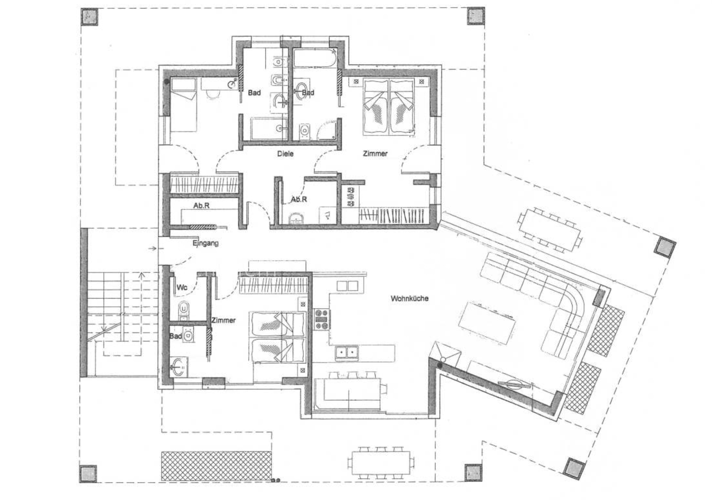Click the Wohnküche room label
tap(409, 298)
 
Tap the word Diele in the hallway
tap(285, 154)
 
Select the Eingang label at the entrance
tap(206, 244)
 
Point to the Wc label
tap(182, 287)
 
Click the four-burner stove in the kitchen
tap(321, 319)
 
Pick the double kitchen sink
tap(347, 352)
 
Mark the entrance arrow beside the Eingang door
tap(152, 248)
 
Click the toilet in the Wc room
tap(184, 309)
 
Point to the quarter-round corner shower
tap(327, 130)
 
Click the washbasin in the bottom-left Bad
tap(178, 367)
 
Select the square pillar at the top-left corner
tap(90, 17)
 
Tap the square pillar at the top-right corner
tap(476, 16)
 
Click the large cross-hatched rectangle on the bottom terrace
tap(216, 466)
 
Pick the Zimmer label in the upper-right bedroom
tap(375, 154)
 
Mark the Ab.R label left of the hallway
tap(202, 205)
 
